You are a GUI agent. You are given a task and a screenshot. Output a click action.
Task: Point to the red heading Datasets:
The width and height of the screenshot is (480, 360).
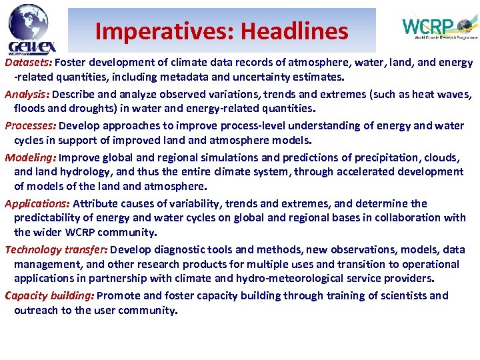point(29,63)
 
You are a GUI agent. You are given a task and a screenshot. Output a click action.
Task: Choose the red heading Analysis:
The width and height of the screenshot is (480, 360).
point(27,95)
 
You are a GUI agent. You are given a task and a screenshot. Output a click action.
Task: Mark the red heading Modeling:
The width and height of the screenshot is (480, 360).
point(31,158)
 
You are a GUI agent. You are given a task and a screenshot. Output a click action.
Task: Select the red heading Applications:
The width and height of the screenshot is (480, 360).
point(37,203)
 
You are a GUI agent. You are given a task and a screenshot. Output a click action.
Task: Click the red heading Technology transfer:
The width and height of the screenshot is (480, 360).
point(56,249)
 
